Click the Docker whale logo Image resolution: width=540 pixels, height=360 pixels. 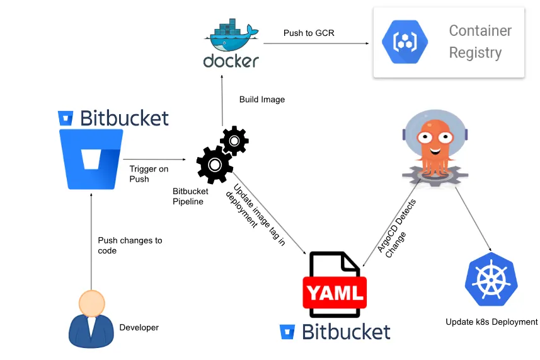coord(231,35)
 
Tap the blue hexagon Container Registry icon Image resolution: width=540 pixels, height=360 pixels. coord(405,42)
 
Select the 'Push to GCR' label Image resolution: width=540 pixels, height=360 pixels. coord(309,33)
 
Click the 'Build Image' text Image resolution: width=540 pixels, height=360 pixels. coord(262,100)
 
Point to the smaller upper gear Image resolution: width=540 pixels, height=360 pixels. coord(234,141)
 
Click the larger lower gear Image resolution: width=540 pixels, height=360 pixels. coord(215,165)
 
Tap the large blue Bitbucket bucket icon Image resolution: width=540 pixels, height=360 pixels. coord(91,159)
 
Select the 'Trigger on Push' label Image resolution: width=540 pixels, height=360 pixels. coord(149,174)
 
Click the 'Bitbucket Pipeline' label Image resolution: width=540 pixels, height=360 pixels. coord(190,196)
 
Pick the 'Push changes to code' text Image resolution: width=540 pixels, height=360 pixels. coord(130,245)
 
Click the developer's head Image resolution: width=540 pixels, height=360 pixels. coord(91,303)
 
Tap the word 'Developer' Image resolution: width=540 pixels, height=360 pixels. coord(139,327)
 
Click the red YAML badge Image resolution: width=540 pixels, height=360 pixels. coord(335,293)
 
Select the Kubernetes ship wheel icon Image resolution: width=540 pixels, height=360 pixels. coord(491,279)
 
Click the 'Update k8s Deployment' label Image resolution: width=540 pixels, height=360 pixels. coord(491,322)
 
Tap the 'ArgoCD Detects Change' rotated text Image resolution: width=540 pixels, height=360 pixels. coord(396,228)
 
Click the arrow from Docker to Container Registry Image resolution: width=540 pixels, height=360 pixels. coord(316,44)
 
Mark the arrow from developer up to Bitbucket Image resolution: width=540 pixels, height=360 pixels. coord(91,241)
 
